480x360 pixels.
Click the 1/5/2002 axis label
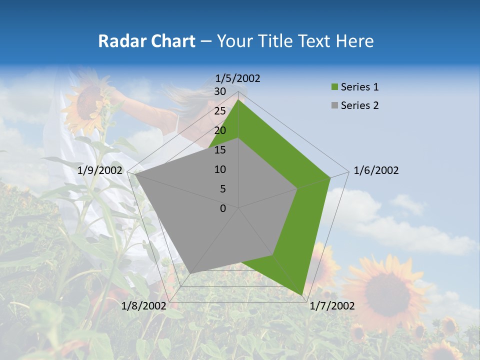tap(238, 78)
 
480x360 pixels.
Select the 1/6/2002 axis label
tap(376, 170)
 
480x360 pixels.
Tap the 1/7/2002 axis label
tap(332, 306)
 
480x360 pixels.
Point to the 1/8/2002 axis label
tap(144, 306)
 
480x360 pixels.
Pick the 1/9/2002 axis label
tap(100, 170)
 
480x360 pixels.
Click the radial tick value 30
tap(220, 91)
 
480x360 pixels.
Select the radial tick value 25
tap(220, 111)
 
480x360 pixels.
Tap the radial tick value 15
tap(220, 150)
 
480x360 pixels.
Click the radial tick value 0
tap(223, 208)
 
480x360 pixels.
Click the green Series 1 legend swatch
tap(334, 87)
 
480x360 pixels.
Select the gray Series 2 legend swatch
tap(334, 105)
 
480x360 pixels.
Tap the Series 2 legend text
tap(359, 105)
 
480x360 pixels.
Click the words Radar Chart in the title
tap(146, 41)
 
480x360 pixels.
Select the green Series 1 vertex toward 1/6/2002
tap(330, 177)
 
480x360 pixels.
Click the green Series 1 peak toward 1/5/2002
tap(238, 99)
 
